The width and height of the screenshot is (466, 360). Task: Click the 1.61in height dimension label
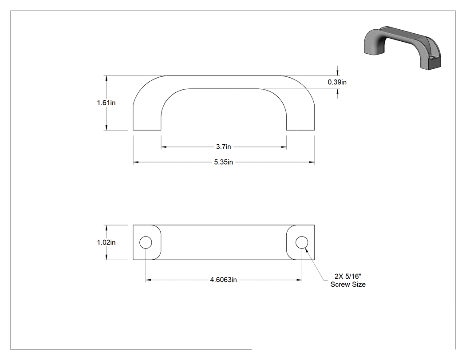coord(106,103)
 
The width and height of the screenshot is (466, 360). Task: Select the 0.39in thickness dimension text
coord(337,82)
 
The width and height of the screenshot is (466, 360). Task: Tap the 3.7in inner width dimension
coord(224,147)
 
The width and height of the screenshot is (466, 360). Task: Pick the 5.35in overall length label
coord(224,162)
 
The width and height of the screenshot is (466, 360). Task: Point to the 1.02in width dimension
coord(106,242)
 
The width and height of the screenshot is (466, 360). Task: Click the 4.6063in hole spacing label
coord(224,280)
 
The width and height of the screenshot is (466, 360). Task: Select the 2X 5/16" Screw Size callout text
coord(348,281)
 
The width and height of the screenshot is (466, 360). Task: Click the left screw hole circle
coord(146,242)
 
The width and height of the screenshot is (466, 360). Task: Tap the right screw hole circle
coord(302,242)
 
